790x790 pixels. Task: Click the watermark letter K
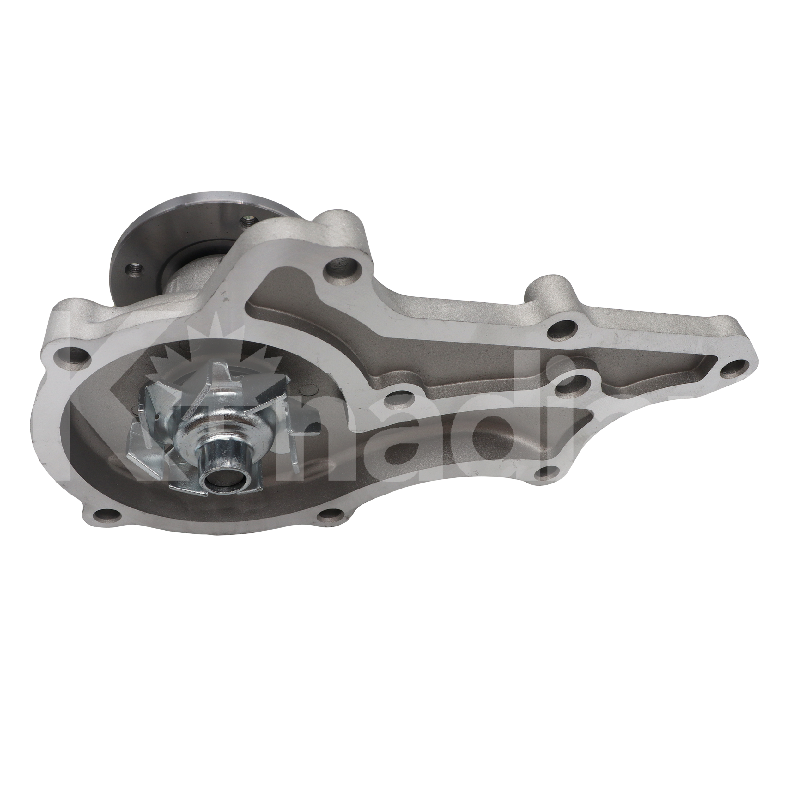tap(94, 409)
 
